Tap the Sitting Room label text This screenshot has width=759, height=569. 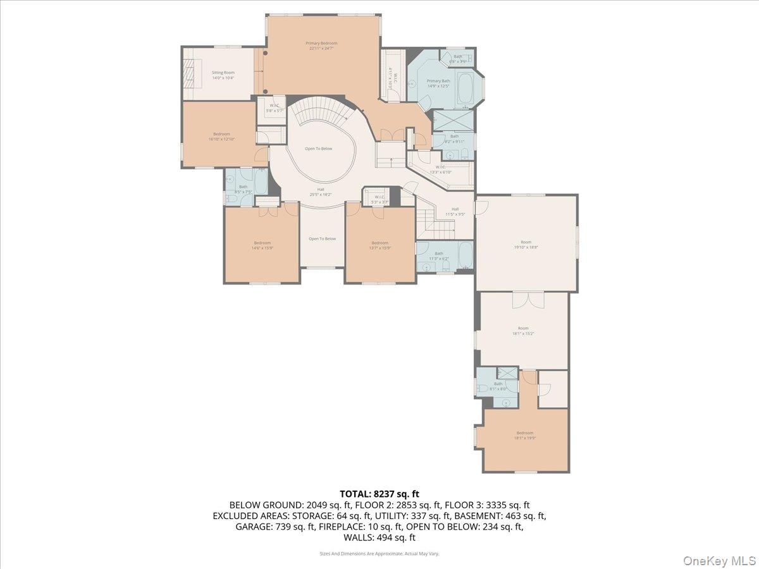tap(223, 73)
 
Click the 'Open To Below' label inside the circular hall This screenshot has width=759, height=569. tap(318, 149)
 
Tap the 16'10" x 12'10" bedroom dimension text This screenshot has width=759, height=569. tap(221, 139)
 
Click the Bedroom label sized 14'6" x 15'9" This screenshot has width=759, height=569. tap(262, 243)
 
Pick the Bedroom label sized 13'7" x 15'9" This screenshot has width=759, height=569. tap(379, 243)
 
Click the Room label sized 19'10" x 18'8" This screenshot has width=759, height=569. tap(526, 242)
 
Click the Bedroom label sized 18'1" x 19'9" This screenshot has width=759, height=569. tap(524, 433)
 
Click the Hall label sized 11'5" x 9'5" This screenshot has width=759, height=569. tap(455, 209)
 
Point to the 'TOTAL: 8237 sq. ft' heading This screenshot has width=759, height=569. tap(379, 494)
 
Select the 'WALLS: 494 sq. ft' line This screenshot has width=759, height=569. tap(379, 537)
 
